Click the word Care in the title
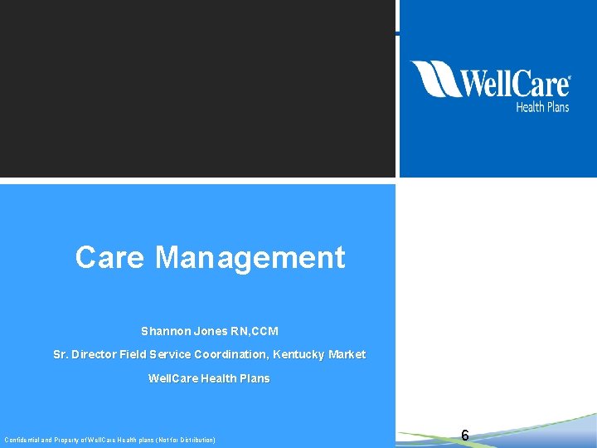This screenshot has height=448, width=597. (x=110, y=258)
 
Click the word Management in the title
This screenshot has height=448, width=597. (x=250, y=258)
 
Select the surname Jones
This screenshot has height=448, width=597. (x=212, y=331)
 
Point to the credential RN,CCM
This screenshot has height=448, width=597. (x=255, y=331)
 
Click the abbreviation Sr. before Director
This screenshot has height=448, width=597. (x=61, y=354)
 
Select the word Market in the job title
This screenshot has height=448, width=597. (x=347, y=354)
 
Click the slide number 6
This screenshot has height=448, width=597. (x=465, y=436)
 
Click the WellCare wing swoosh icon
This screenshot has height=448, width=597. (x=433, y=79)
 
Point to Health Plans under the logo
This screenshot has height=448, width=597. (x=542, y=106)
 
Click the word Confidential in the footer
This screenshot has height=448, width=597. (x=22, y=440)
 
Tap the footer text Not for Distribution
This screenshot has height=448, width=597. (x=189, y=440)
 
